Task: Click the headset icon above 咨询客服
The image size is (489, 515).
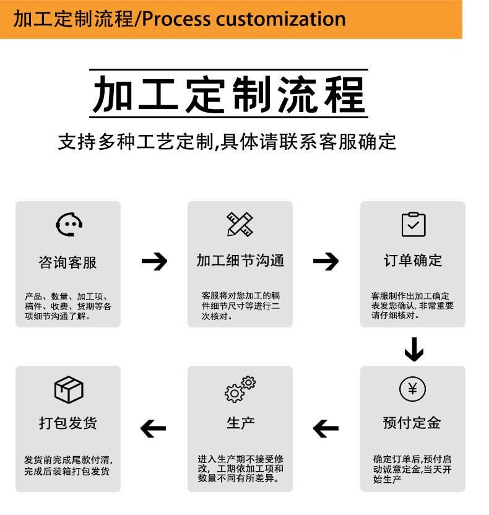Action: (69, 224)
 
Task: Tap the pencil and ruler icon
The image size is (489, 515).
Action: (240, 224)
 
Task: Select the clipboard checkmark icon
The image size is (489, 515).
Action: (413, 224)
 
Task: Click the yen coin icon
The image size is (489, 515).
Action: (412, 389)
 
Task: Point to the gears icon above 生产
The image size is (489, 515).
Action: (240, 389)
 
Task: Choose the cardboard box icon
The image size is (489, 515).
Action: (69, 389)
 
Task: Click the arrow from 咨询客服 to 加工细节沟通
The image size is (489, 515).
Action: (155, 261)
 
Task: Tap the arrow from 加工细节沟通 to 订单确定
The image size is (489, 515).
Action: (326, 261)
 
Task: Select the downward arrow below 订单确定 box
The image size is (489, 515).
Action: (413, 349)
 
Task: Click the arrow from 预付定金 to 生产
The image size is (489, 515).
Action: (326, 428)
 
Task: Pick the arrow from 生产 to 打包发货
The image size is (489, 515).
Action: (154, 428)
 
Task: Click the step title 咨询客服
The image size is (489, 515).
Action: (68, 262)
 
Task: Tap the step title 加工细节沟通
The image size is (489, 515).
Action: (240, 261)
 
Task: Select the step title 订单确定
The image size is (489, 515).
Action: (413, 261)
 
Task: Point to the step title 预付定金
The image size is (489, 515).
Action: (412, 423)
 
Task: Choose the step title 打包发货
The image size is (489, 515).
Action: (68, 423)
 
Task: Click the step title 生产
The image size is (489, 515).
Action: (241, 423)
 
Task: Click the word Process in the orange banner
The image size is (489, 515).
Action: (177, 19)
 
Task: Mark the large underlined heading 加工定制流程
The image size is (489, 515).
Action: (230, 94)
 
